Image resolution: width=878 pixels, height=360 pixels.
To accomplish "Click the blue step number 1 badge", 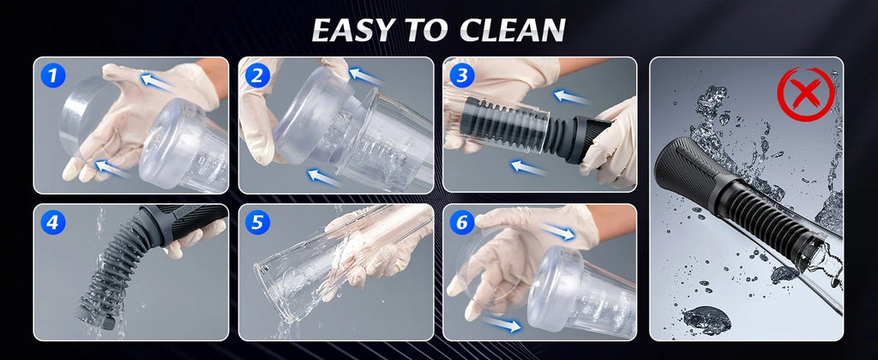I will pyautogui.click(x=54, y=76).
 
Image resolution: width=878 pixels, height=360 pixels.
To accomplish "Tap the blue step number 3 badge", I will pyautogui.click(x=462, y=76).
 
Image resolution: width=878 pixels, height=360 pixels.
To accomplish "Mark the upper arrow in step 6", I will pyautogui.click(x=560, y=231).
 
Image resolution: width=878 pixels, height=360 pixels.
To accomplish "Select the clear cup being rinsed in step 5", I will pyautogui.click(x=309, y=274).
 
